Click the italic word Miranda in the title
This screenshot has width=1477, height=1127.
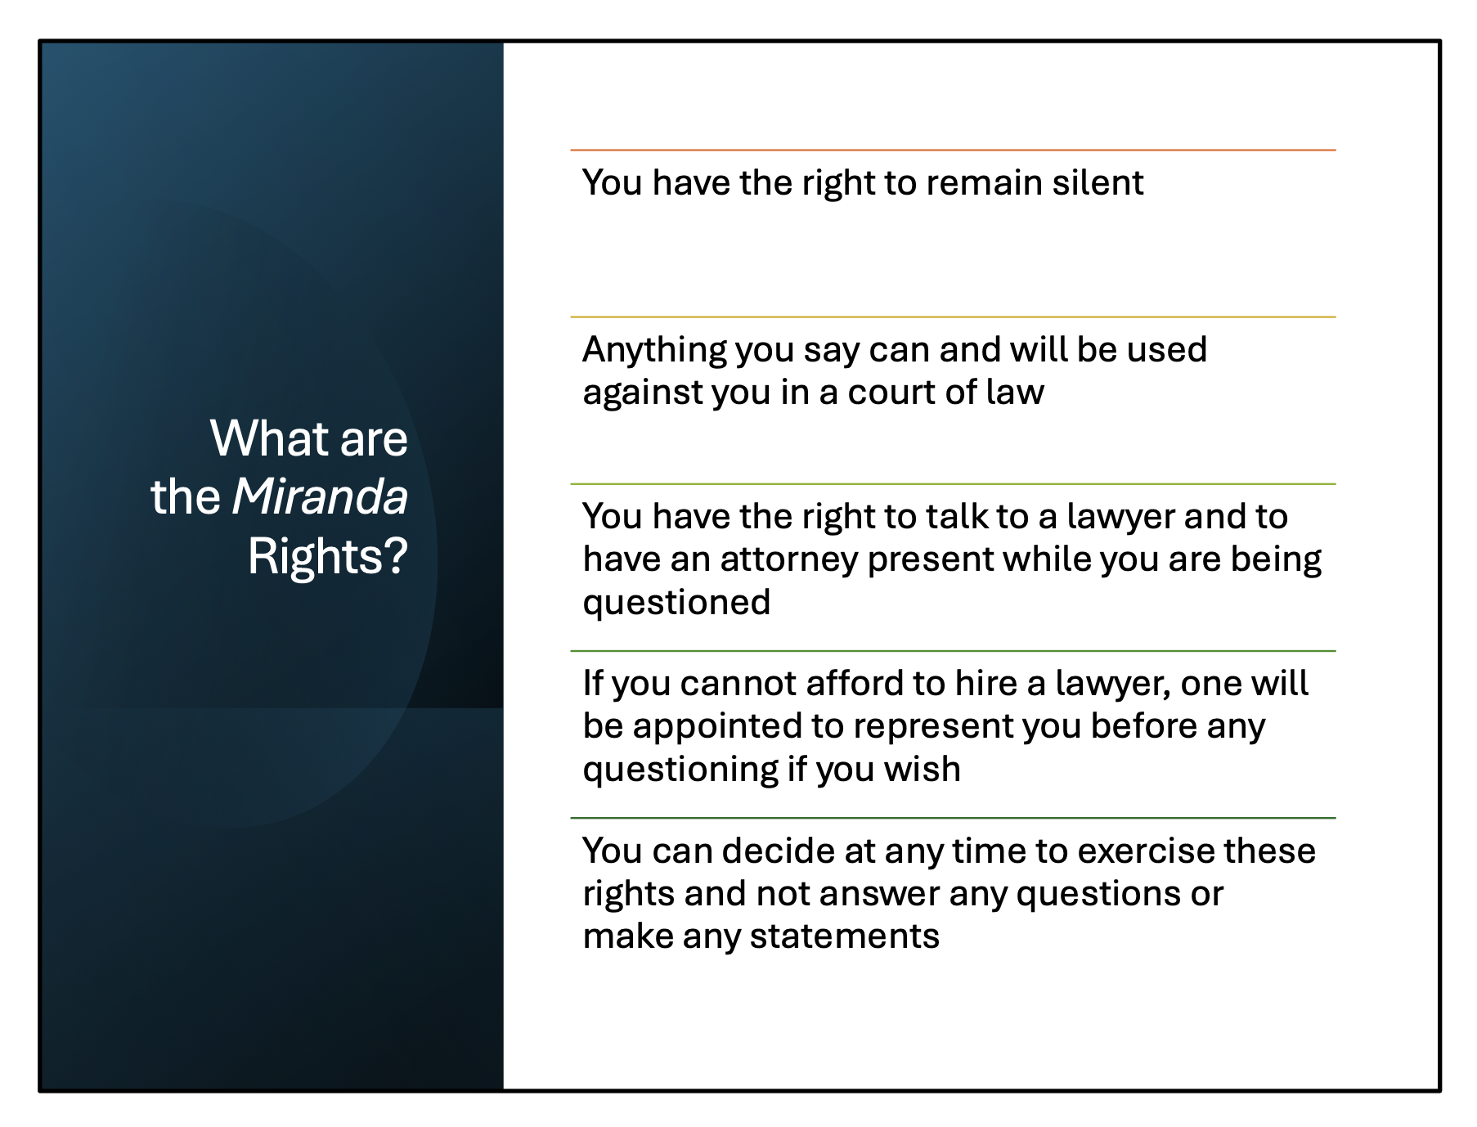tap(320, 496)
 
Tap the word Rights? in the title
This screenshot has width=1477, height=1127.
tap(327, 556)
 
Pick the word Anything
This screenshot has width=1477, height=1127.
tap(653, 351)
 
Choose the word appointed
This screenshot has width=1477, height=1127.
tap(716, 727)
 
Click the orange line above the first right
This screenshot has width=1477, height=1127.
tap(953, 150)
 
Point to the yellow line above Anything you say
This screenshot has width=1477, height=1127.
tap(953, 317)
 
